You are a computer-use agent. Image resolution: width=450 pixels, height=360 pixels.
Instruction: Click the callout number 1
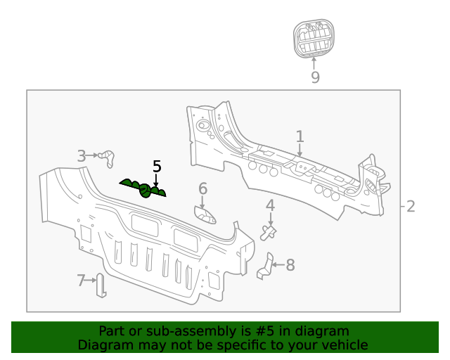click(300, 136)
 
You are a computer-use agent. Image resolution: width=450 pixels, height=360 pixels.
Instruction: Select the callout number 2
click(411, 206)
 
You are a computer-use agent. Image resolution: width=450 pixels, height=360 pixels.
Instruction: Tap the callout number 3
click(82, 155)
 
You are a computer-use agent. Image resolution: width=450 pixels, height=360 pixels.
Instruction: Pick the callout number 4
click(270, 205)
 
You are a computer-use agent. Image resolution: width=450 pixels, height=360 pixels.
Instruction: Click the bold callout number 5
click(157, 167)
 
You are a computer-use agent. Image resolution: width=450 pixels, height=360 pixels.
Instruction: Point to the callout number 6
click(202, 188)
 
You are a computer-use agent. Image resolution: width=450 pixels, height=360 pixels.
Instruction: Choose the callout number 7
click(81, 281)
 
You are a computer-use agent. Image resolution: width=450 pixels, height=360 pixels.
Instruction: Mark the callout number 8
click(290, 265)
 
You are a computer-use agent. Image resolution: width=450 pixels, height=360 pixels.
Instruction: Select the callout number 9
click(315, 77)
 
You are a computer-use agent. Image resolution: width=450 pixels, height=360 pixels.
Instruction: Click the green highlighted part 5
click(144, 188)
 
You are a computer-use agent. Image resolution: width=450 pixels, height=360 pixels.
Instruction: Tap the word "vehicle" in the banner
click(345, 345)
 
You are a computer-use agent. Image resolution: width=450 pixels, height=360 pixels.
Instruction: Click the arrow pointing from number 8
click(277, 265)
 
